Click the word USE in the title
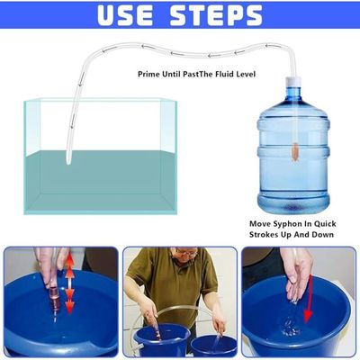pyautogui.click(x=125, y=14)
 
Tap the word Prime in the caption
pyautogui.click(x=149, y=74)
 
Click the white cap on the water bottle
pyautogui.click(x=292, y=82)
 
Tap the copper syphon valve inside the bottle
pyautogui.click(x=294, y=153)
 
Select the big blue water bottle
pyautogui.click(x=293, y=147)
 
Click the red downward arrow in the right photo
pyautogui.click(x=308, y=301)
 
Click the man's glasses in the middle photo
pyautogui.click(x=186, y=254)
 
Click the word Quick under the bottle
pyautogui.click(x=325, y=224)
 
